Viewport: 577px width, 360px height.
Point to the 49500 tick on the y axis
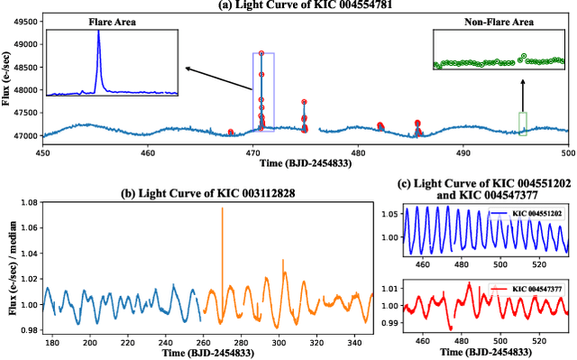click(x=27, y=19)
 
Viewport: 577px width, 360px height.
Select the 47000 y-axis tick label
click(x=27, y=136)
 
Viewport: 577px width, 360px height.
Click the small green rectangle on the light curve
click(x=522, y=124)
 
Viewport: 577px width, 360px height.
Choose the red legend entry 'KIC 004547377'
click(x=536, y=289)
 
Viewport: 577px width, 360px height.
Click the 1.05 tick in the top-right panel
click(x=389, y=215)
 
